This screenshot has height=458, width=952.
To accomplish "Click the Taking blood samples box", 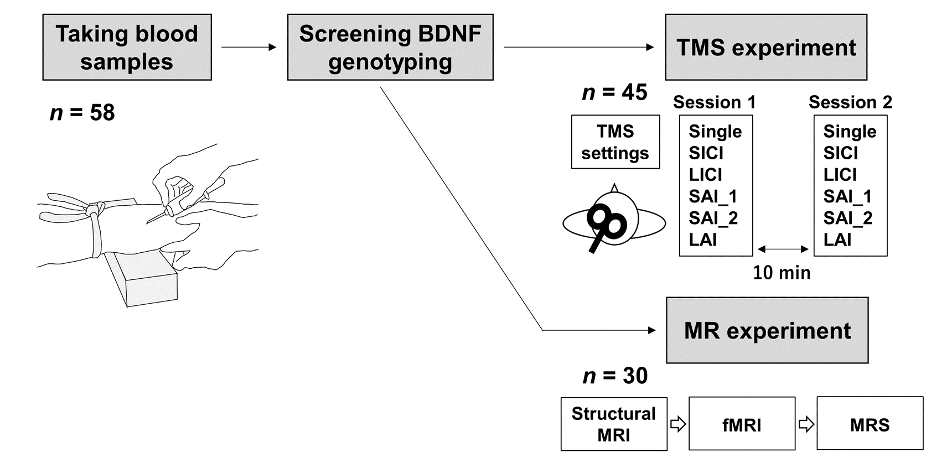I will (127, 48).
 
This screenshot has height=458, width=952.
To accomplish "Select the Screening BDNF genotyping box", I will (390, 48).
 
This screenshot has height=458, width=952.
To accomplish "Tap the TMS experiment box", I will (766, 48).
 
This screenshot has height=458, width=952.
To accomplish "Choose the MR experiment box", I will (767, 330).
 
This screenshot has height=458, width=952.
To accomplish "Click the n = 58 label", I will (82, 113).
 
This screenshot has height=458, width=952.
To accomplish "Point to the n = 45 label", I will (614, 92).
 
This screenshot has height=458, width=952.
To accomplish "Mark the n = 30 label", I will (615, 376).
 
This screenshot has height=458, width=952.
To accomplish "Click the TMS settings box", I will (615, 142).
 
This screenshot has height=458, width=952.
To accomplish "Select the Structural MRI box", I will (614, 424).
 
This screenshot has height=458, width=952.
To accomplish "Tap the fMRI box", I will (742, 424).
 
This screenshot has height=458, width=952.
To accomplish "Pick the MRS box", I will (870, 424).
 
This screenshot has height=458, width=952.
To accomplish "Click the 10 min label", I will (782, 273).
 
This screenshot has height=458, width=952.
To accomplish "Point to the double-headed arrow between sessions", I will (783, 249).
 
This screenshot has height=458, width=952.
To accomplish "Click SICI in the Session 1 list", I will (706, 153).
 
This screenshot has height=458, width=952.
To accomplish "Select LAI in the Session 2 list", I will (837, 240).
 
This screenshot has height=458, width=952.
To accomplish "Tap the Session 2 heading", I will (850, 102).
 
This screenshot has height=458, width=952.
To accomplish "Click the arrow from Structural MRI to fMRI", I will (678, 424).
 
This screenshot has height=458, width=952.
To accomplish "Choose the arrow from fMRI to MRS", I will (806, 424).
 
